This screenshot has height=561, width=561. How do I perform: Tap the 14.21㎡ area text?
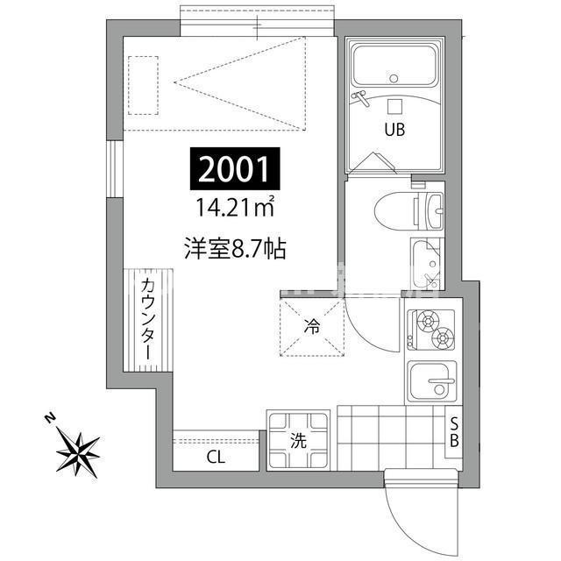click(233, 209)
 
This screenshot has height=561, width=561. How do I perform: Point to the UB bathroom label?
click(393, 132)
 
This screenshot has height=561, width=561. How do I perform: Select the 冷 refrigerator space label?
click(312, 326)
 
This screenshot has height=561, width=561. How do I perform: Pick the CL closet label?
click(215, 456)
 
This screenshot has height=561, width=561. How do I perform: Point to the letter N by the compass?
click(51, 417)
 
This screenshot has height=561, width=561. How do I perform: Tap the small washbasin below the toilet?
click(427, 260)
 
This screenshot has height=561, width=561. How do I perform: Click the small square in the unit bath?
click(394, 106)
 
